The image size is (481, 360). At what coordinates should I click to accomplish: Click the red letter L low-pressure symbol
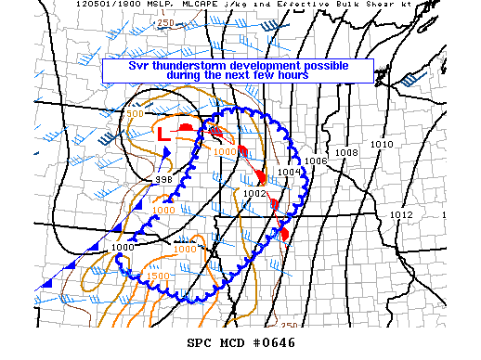click(162, 134)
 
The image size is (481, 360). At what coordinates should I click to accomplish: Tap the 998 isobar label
click(163, 179)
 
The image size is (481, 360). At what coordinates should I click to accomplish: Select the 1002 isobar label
click(254, 193)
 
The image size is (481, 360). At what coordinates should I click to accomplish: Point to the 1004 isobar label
click(289, 172)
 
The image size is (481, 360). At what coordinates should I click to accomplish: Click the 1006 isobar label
click(316, 161)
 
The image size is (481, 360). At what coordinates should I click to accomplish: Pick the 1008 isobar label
click(347, 152)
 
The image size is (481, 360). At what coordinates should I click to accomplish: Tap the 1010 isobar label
click(382, 145)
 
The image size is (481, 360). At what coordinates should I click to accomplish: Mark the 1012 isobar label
click(401, 215)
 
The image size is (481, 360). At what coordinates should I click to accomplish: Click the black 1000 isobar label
click(123, 248)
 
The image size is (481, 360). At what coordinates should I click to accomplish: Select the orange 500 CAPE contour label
click(135, 113)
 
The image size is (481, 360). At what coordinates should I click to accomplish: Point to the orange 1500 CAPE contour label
click(158, 276)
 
